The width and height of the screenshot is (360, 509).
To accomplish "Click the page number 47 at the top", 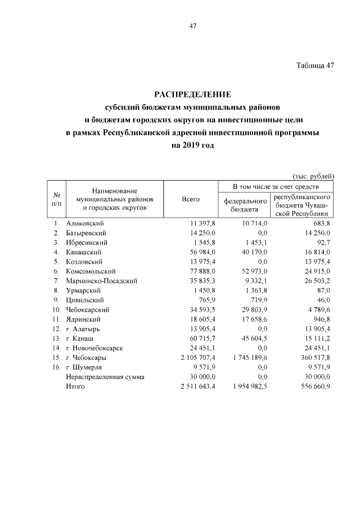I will click(x=193, y=26).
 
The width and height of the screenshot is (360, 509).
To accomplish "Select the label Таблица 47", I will click(x=316, y=65).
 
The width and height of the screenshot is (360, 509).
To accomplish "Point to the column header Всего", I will click(x=191, y=199).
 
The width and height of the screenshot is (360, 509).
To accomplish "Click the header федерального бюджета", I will click(x=245, y=205).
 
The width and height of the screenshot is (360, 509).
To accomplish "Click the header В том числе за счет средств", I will click(x=276, y=186).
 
